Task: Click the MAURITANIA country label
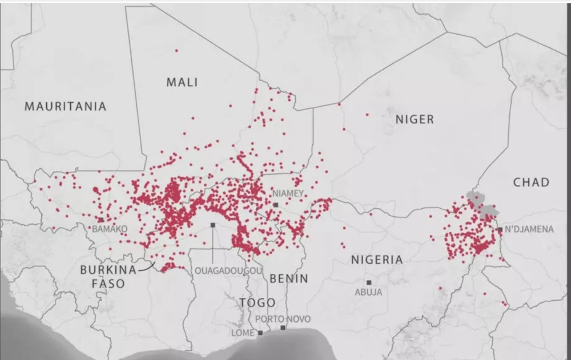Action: (65, 106)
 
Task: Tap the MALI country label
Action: (182, 82)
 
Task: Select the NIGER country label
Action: (415, 119)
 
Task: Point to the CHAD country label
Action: (531, 182)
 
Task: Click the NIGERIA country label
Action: (377, 260)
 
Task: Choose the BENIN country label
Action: (288, 278)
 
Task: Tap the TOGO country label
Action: (257, 302)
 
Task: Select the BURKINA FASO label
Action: (108, 276)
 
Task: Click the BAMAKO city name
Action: (110, 229)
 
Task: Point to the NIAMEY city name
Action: (288, 193)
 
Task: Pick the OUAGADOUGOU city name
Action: (228, 270)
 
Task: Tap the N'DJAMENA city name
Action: (529, 229)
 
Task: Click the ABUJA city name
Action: (368, 292)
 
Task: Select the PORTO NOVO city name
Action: (283, 319)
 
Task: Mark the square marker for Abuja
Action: (369, 282)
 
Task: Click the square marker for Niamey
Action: (275, 204)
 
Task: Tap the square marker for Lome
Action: (260, 333)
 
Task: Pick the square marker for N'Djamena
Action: (500, 229)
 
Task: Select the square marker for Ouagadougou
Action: (212, 225)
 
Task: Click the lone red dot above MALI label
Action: (176, 51)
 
